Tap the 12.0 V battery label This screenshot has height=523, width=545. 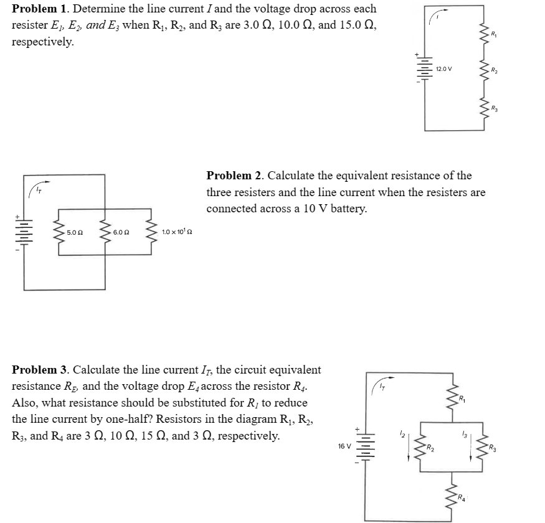point(444,68)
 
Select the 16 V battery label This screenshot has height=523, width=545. point(344,446)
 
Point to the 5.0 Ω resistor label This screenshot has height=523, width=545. point(75,232)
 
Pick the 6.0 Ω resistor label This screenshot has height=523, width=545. point(121,232)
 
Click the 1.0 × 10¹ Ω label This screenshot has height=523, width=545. point(177,232)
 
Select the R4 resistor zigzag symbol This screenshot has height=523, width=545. point(453,494)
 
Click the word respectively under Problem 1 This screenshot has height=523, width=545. point(43,42)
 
